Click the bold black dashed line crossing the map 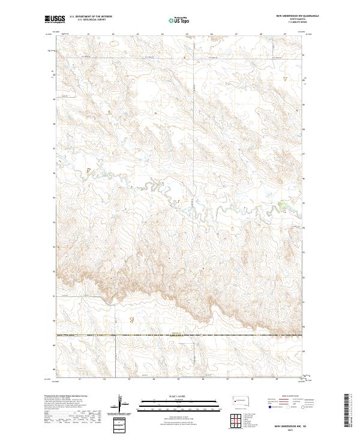(180, 335)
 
